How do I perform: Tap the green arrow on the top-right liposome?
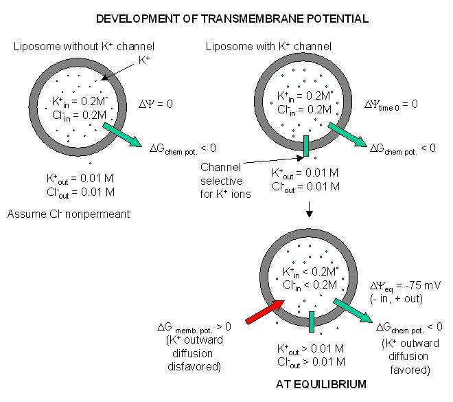[349, 136]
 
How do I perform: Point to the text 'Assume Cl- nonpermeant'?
[69, 214]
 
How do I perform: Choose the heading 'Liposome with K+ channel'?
[268, 46]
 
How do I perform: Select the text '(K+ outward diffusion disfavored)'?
[200, 353]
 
